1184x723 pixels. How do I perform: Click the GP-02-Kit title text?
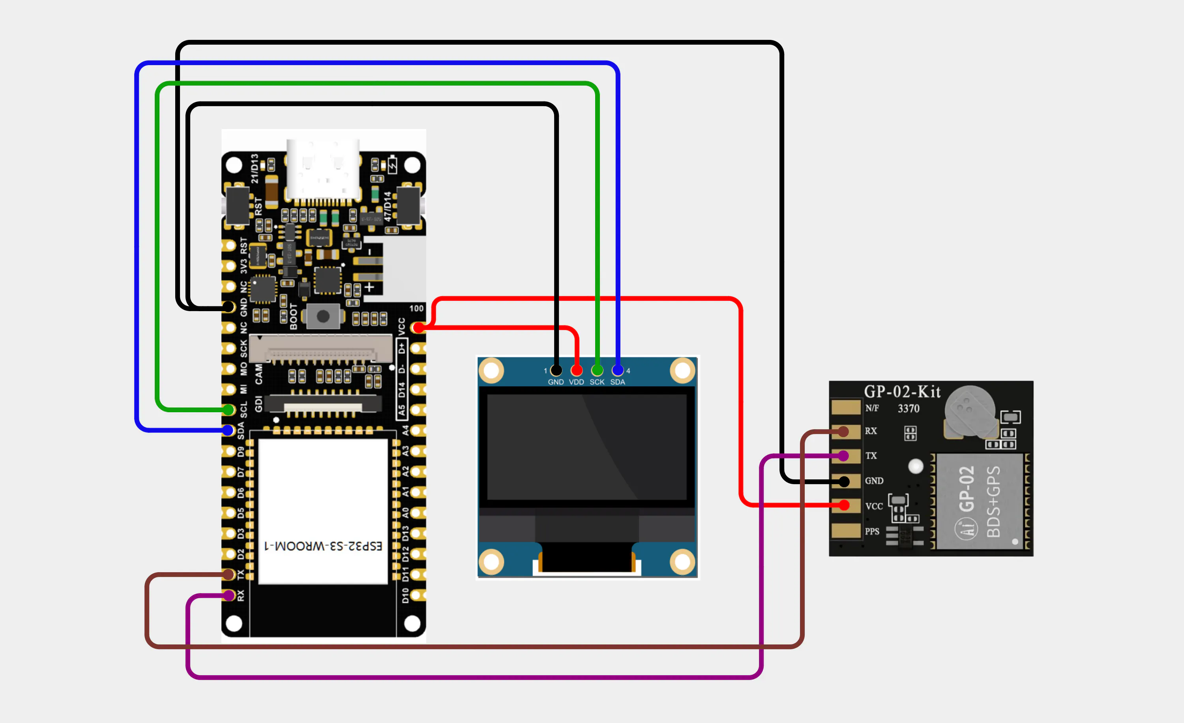pyautogui.click(x=902, y=392)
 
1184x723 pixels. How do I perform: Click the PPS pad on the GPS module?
pyautogui.click(x=846, y=531)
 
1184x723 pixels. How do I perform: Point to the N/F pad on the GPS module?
pyautogui.click(x=846, y=407)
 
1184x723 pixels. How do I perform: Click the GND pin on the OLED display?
pyautogui.click(x=556, y=370)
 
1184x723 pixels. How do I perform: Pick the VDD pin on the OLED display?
pyautogui.click(x=577, y=370)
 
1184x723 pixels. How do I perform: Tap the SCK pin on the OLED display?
pyautogui.click(x=597, y=370)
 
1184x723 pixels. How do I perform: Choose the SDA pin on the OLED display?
pyautogui.click(x=618, y=370)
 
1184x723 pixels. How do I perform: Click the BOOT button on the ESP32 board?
pyautogui.click(x=323, y=316)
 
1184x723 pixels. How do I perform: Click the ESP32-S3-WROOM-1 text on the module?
pyautogui.click(x=323, y=546)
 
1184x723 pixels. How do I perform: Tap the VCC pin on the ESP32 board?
pyautogui.click(x=418, y=328)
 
